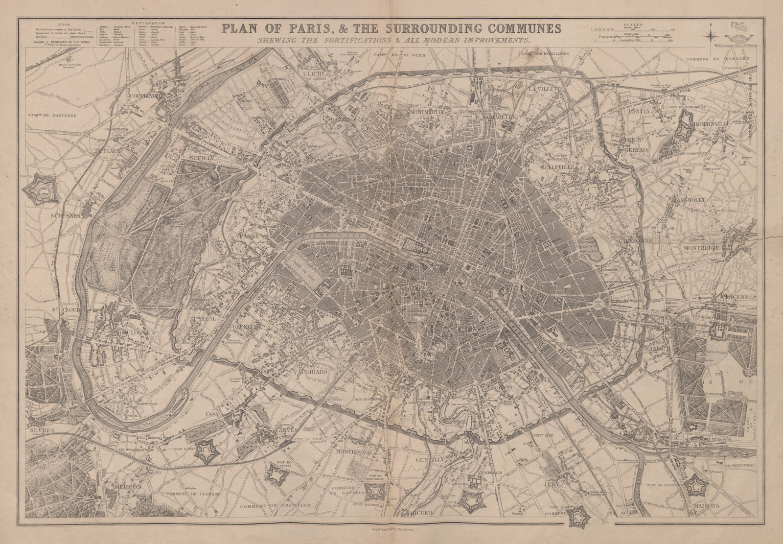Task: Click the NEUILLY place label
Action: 200,159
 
